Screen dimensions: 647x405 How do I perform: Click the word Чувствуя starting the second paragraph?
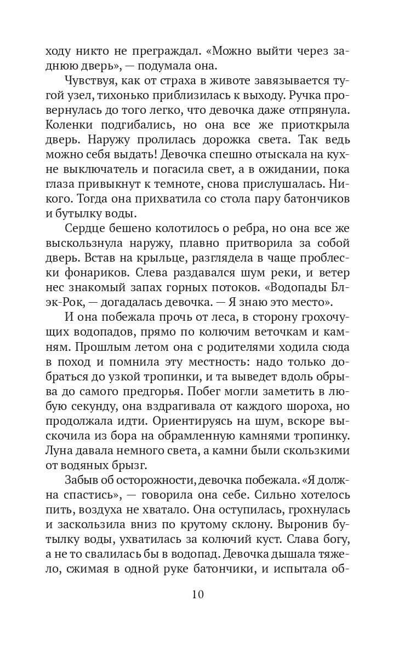90,82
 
